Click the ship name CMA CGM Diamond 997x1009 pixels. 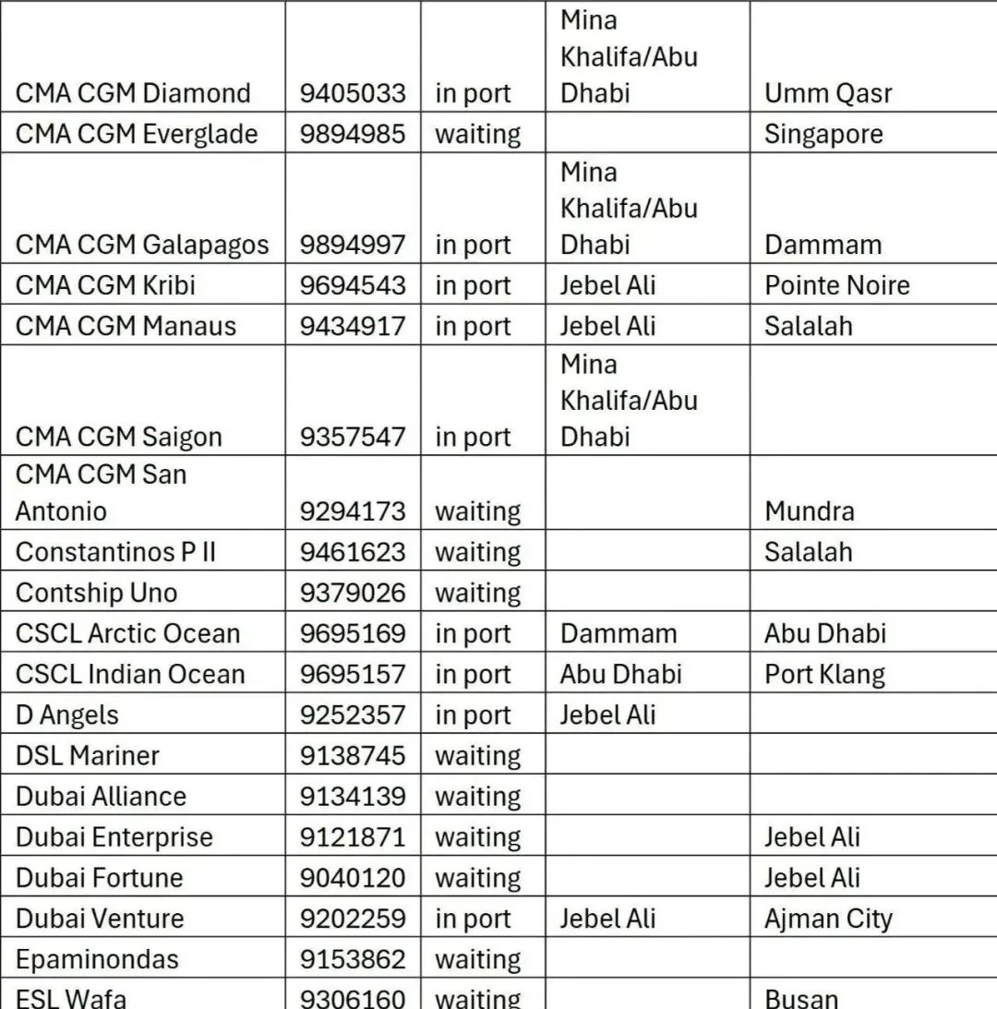(x=133, y=93)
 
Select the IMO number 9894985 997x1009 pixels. (x=352, y=134)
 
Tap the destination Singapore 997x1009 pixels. (x=823, y=134)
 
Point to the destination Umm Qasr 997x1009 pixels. (x=828, y=93)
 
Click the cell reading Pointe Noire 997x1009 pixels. (x=836, y=285)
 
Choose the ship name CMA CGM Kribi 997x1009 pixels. (x=105, y=285)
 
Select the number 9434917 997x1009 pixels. (x=352, y=326)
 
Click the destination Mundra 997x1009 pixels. (x=809, y=511)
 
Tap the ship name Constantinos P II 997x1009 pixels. (x=115, y=552)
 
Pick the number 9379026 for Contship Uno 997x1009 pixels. (x=352, y=593)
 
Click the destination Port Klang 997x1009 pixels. (x=823, y=674)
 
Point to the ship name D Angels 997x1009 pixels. (x=67, y=715)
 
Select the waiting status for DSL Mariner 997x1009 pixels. (x=477, y=755)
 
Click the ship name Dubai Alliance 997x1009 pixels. (x=101, y=796)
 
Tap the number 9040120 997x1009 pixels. (x=352, y=877)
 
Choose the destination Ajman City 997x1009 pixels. (x=828, y=919)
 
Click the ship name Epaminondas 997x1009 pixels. (x=97, y=959)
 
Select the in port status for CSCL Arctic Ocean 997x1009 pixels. (x=473, y=633)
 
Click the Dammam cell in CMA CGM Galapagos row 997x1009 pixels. (x=823, y=245)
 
